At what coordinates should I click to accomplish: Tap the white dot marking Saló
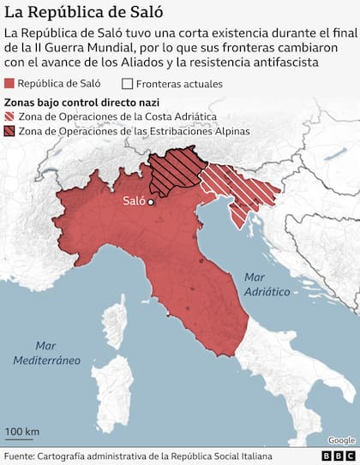150,203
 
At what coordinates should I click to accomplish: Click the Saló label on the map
133,202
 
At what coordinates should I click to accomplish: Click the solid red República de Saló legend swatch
10,84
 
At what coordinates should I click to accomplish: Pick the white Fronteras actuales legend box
128,84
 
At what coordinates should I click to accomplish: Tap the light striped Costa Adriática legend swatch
10,116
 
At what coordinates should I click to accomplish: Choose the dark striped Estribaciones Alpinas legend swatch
10,131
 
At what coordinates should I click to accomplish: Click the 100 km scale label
21,430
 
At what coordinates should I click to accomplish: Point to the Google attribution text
340,439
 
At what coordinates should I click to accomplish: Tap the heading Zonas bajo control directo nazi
68,101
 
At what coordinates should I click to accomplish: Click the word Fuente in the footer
21,456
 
